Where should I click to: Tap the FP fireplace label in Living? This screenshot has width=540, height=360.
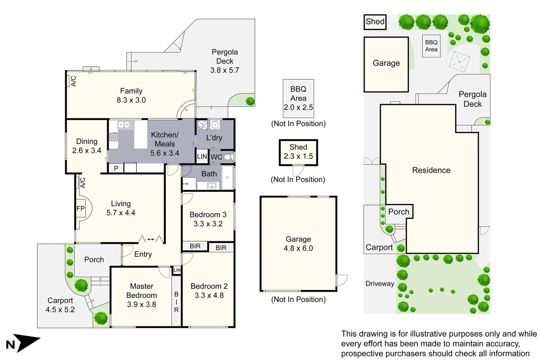80,209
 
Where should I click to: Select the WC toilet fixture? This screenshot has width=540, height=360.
228,157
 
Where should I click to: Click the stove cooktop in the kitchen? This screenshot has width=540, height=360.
114,137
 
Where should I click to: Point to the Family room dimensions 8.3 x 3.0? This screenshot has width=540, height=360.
131,100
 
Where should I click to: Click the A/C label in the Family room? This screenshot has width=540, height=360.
73,81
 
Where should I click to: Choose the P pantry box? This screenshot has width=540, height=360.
116,168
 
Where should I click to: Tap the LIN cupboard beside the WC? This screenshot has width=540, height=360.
202,157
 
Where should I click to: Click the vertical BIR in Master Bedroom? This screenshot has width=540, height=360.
176,302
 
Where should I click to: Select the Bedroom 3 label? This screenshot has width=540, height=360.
208,215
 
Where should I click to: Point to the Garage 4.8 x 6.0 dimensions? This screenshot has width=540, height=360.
298,248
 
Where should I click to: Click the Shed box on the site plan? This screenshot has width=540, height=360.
375,22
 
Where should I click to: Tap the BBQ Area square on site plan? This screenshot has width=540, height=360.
431,46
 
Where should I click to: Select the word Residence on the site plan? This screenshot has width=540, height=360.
431,170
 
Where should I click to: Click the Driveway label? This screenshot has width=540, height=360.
380,284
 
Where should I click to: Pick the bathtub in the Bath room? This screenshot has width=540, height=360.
228,178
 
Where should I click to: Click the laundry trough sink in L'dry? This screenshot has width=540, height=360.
215,125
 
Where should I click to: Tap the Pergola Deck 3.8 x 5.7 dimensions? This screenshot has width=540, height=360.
224,70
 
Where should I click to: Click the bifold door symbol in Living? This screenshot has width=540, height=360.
151,239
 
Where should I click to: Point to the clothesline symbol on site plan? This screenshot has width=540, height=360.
459,62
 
